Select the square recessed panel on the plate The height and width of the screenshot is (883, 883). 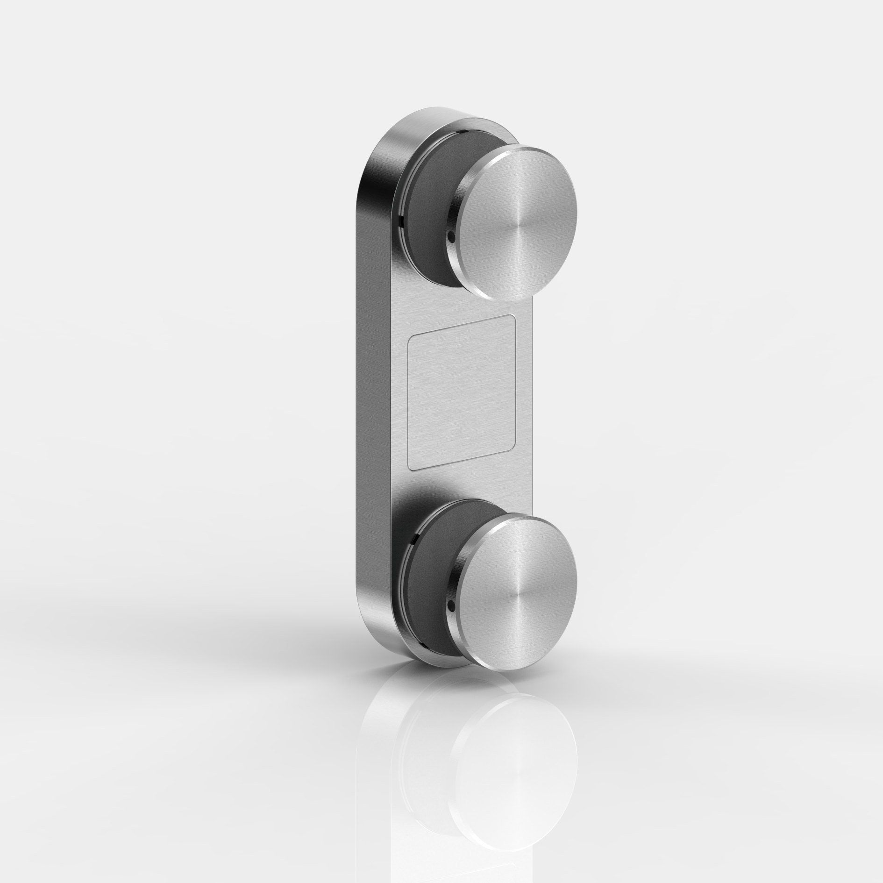pos(462,393)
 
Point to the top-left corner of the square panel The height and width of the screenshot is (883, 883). pos(410,335)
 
